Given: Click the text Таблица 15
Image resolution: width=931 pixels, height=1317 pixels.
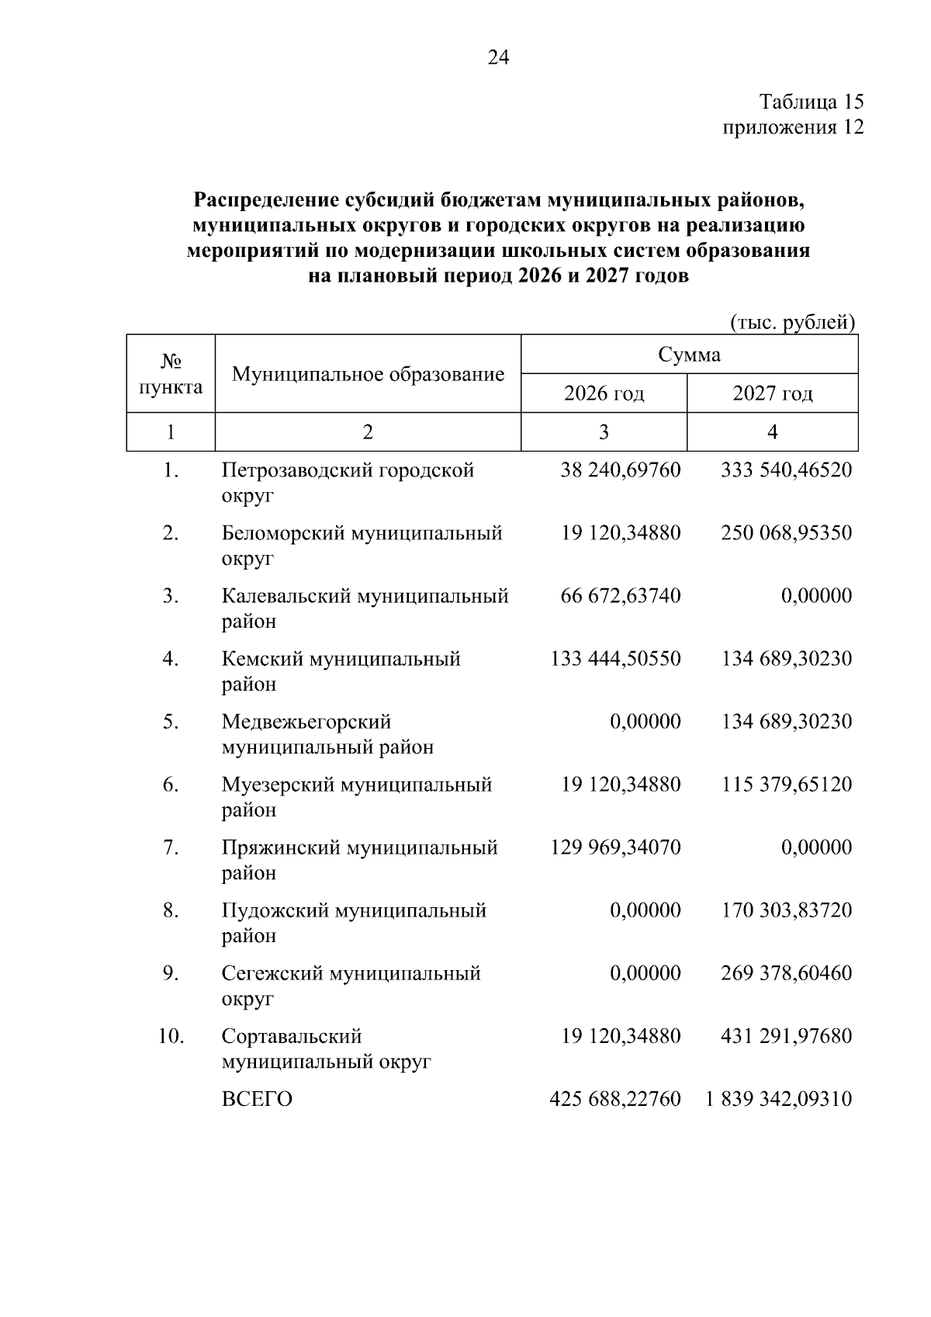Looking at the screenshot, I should coord(811,102).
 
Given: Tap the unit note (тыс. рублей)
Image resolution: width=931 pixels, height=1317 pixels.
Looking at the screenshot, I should coord(793,322).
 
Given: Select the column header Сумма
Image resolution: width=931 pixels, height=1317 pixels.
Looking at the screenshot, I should coord(689,355).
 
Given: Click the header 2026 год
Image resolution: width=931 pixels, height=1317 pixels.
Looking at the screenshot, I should coord(604,393).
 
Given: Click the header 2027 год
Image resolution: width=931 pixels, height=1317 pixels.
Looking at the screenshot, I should coord(772,393).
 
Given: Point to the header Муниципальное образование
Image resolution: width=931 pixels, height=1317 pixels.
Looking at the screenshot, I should coord(368,375).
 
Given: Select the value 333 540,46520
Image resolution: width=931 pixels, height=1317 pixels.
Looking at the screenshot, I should coord(786,470).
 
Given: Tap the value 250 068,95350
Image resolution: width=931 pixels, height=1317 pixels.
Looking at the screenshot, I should coord(786,533).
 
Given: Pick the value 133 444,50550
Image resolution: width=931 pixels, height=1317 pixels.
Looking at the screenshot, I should coord(615,659).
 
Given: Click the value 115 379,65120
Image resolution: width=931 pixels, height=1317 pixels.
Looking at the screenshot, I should coord(786,785).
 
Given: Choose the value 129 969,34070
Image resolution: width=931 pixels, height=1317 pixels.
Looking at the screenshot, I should coord(615,847).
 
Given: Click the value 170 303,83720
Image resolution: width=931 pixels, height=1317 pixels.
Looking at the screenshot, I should coord(786,910).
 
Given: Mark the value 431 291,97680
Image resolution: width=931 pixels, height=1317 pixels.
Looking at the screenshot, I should coord(786,1036).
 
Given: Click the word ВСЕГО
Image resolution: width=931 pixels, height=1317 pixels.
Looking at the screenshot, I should coord(257,1100).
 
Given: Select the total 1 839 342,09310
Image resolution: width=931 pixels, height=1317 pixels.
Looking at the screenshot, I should coord(778,1099).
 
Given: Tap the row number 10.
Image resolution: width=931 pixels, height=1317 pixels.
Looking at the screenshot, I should coord(171,1036).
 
